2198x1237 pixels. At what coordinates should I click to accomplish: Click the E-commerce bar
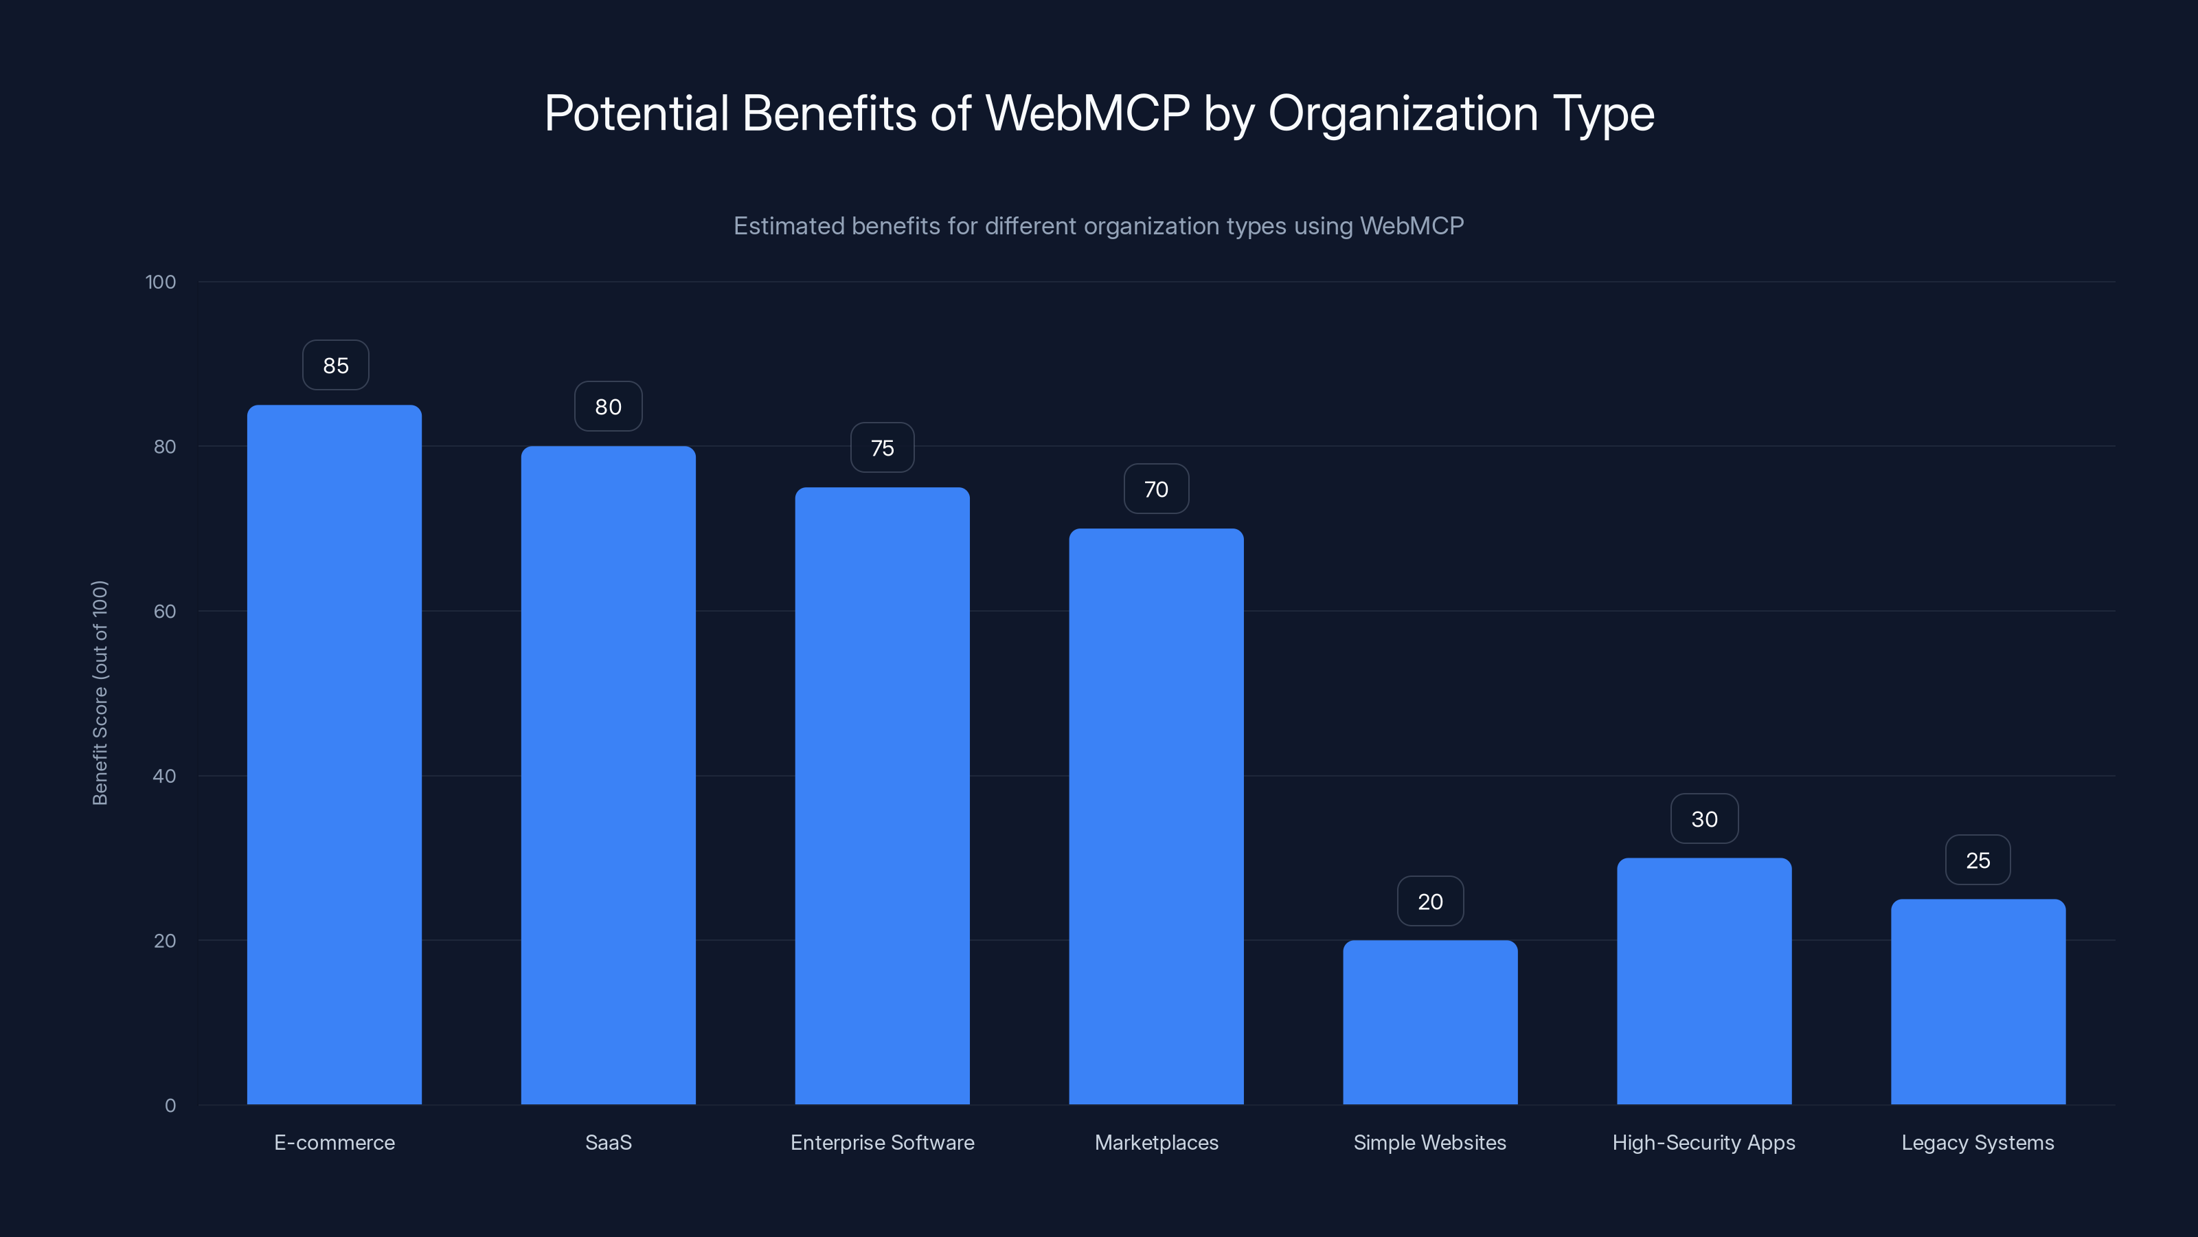(x=335, y=755)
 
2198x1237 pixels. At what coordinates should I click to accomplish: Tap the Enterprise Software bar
(x=882, y=796)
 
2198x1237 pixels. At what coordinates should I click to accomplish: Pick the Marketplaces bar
(x=1156, y=816)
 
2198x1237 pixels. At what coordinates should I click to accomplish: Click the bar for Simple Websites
(x=1430, y=1023)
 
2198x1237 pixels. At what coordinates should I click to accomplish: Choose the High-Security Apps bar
(x=1704, y=982)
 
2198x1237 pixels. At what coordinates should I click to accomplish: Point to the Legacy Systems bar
(x=1978, y=1002)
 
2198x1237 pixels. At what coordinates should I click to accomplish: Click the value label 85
(x=335, y=366)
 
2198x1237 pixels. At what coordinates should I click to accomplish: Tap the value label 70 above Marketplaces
(x=1156, y=489)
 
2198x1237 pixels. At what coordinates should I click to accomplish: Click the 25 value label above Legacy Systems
(x=1978, y=860)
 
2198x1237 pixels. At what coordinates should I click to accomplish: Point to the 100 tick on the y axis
(x=161, y=282)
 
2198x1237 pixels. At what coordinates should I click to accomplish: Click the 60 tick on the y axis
(x=165, y=611)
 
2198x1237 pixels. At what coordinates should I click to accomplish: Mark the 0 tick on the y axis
(x=170, y=1106)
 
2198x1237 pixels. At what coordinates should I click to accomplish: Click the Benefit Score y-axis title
(x=100, y=692)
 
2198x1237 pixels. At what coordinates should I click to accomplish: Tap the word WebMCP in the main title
(x=1087, y=113)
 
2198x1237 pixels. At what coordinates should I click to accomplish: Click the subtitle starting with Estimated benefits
(x=1098, y=225)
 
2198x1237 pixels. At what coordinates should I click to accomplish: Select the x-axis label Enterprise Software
(x=882, y=1142)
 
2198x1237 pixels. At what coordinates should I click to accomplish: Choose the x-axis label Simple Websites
(x=1429, y=1142)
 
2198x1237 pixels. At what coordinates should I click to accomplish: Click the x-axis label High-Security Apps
(x=1703, y=1142)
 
